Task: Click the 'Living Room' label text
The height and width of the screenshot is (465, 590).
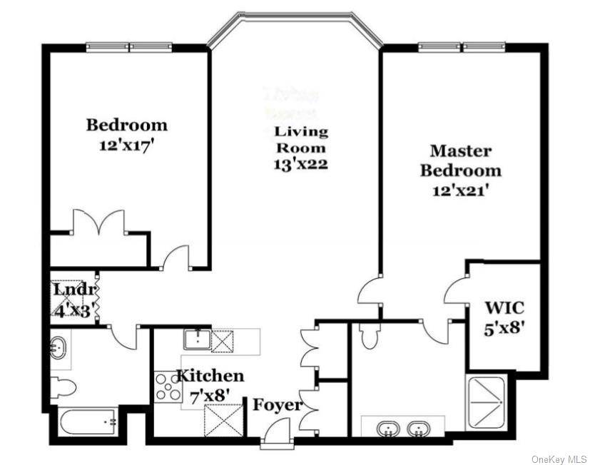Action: [301, 140]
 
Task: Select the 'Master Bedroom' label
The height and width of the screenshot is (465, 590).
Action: [460, 160]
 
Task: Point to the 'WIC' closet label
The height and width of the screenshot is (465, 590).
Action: [504, 308]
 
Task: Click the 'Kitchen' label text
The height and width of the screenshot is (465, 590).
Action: [210, 376]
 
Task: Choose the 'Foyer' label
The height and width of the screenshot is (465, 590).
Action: [278, 405]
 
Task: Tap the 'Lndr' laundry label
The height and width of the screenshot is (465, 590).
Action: [73, 290]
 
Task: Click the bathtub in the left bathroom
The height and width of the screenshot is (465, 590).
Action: [87, 422]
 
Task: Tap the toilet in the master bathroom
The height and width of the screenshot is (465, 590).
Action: [370, 336]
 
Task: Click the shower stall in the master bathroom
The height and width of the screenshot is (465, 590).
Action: [486, 402]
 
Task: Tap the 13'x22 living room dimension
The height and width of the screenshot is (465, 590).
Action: [301, 165]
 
